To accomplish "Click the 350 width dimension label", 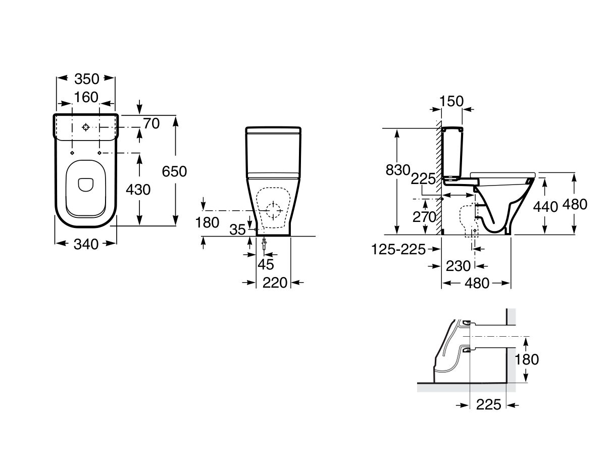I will tap(86, 79).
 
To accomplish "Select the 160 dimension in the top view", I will tap(86, 97).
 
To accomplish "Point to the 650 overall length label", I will tap(174, 171).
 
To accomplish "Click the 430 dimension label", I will tap(138, 190).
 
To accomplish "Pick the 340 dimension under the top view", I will tap(86, 244).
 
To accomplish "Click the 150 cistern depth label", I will tap(451, 102).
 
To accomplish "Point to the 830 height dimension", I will tap(398, 170).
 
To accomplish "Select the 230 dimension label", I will tap(458, 265).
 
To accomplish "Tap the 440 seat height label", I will tap(546, 206).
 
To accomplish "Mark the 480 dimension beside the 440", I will tap(575, 204).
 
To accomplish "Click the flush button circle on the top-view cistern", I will tap(86, 127).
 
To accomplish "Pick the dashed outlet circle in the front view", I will tap(273, 210).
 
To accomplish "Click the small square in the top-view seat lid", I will tap(85, 185).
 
